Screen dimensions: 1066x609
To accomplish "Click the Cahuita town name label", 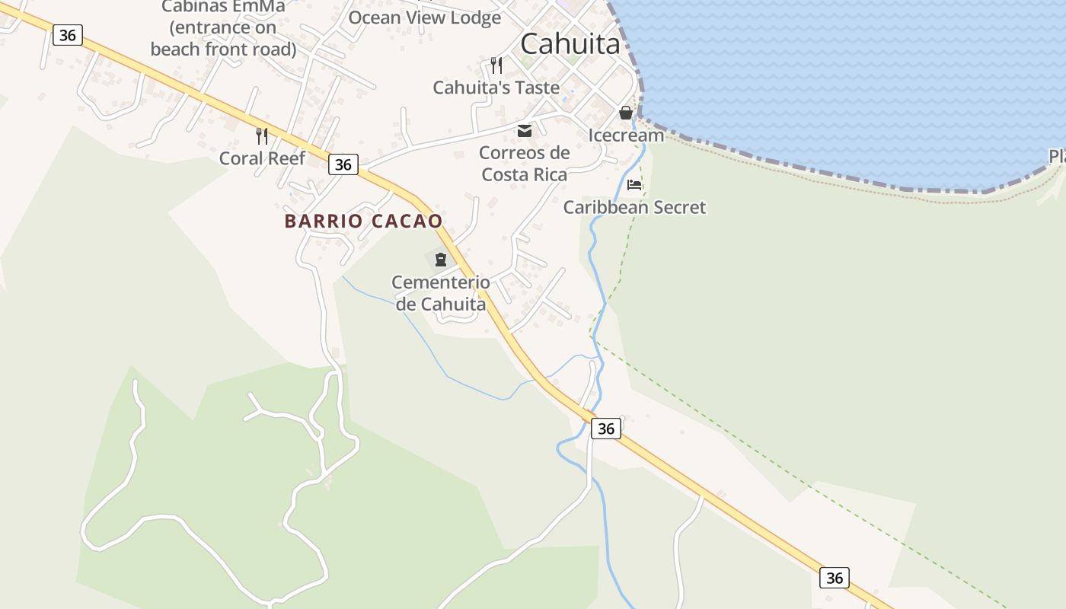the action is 570,44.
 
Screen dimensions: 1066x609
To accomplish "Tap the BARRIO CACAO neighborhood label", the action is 363,221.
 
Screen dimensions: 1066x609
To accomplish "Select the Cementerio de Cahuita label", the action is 441,293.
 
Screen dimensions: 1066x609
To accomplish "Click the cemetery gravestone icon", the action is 440,260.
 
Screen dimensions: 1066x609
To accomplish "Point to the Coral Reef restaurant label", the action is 262,158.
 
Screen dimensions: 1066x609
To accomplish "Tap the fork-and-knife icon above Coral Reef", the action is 262,136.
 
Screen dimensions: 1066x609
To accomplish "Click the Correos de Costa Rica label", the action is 525,163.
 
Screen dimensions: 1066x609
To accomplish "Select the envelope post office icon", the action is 525,131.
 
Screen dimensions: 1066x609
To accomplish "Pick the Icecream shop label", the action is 626,136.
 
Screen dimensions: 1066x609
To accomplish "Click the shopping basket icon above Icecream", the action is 626,113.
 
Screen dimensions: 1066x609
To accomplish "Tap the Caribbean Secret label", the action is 634,207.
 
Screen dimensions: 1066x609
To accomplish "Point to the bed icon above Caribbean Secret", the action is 634,184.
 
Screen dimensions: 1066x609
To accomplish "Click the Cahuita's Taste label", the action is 496,88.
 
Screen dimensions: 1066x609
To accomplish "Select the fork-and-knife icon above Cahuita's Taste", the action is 496,65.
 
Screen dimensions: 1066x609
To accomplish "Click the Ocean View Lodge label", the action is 424,18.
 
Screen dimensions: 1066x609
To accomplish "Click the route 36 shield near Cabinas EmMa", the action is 68,35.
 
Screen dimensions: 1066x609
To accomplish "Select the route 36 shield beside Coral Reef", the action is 343,164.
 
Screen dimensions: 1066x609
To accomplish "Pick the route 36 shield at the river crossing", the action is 605,429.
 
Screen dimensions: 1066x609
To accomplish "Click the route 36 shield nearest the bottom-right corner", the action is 835,578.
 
